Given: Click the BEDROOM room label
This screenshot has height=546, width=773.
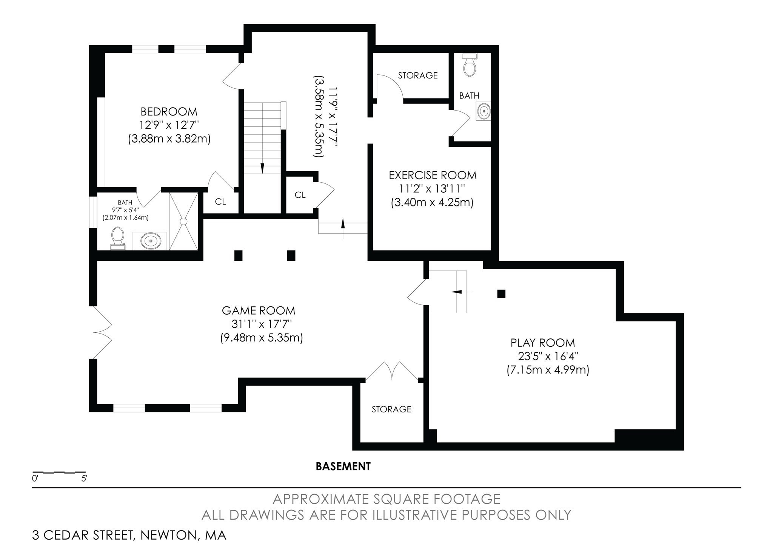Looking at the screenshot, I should pos(169,112).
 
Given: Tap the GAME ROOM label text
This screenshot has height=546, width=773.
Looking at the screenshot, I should pos(259,311).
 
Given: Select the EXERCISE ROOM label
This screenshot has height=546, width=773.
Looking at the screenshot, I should pos(433,175).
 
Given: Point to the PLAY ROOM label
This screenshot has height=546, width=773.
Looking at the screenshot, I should pos(543,343).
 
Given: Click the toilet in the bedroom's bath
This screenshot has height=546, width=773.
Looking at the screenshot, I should pos(118,238).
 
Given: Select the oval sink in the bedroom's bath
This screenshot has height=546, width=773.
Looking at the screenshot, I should pos(150,240).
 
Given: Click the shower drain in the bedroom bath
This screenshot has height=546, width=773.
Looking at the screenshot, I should pos(184,221).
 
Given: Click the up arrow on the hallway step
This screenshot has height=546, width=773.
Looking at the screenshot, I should pos(343,224).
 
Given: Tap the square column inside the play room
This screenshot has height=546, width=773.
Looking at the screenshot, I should pos(501,293).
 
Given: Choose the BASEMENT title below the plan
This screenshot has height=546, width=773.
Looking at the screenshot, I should pos(343,466).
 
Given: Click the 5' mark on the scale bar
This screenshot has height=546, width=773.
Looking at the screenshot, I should pos(84,479).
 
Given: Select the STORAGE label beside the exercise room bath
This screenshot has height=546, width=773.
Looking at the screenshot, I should pos(418,75).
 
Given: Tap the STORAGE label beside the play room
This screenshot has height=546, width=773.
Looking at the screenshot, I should pos(391,409).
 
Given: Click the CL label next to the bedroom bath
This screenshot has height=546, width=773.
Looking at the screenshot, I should pos(220,202).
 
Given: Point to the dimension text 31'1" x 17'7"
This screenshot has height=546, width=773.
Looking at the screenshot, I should pos(262,324).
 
